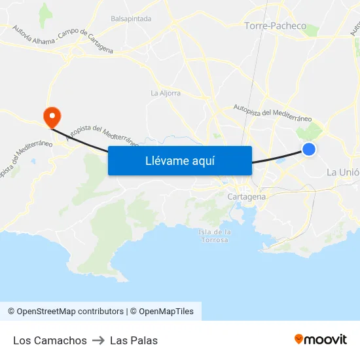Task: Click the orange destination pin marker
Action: (x=51, y=117)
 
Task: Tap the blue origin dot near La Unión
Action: (x=309, y=149)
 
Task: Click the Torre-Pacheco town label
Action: (x=275, y=26)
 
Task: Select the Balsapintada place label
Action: (x=131, y=19)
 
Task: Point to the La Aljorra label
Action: (x=166, y=93)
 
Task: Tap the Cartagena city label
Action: (x=247, y=196)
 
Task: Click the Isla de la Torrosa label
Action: (x=214, y=236)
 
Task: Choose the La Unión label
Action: (x=342, y=172)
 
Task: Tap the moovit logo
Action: (x=321, y=340)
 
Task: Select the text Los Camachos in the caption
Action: (x=50, y=340)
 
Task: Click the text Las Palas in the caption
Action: (x=134, y=340)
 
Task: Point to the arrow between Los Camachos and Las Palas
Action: (x=98, y=340)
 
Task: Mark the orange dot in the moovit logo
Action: (x=299, y=338)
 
